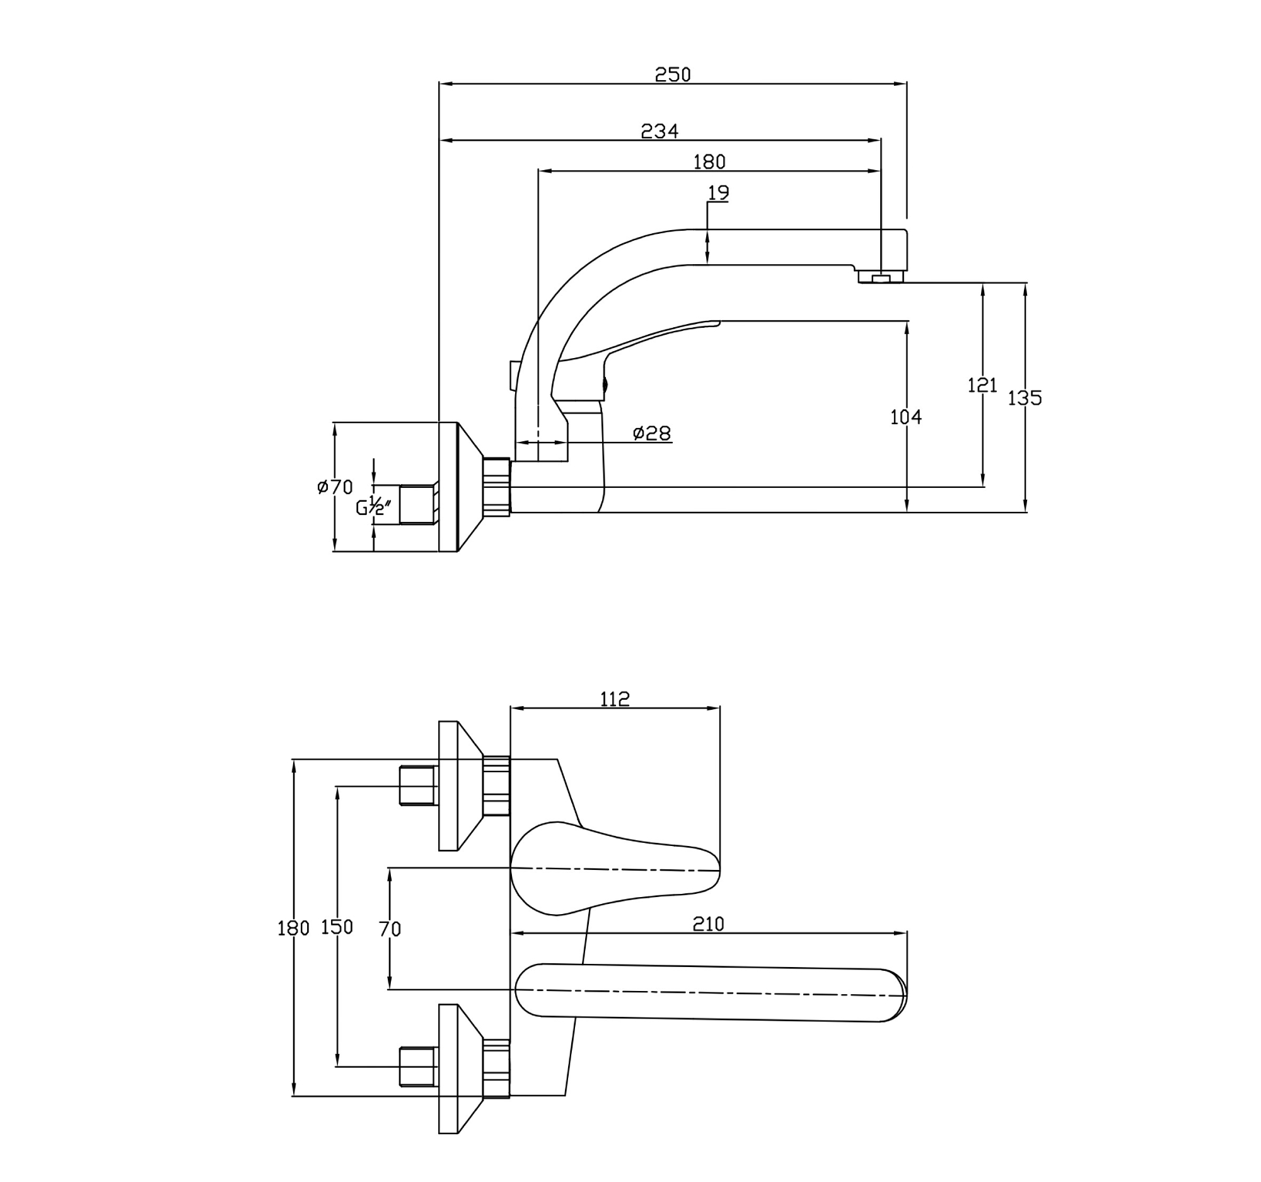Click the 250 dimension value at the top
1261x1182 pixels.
[672, 75]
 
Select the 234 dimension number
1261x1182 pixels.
[660, 131]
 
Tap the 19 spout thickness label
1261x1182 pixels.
[718, 193]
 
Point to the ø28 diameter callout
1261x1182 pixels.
[651, 434]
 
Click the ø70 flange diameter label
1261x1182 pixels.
[335, 487]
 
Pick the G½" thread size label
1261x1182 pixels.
[373, 507]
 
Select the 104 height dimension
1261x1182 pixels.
[906, 417]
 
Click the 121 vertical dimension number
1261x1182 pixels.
[982, 385]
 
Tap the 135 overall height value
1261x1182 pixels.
[1025, 398]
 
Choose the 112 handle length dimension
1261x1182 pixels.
[615, 699]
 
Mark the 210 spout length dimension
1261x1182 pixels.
[708, 924]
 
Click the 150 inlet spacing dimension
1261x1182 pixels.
[337, 927]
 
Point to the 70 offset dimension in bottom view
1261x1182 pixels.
[390, 929]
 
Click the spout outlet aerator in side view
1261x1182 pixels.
[880, 277]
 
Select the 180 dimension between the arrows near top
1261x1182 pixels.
[709, 163]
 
